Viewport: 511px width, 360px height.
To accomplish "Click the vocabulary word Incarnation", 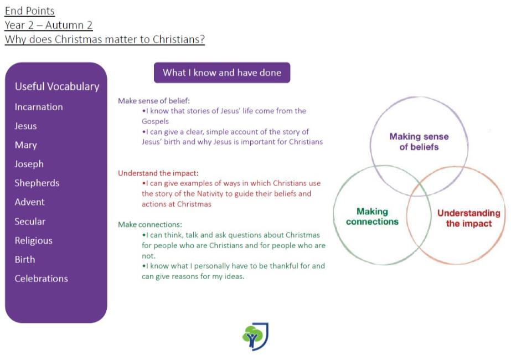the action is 39,107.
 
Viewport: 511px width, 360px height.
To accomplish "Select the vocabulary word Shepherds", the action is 37,183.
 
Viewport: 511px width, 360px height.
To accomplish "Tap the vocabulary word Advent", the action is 30,202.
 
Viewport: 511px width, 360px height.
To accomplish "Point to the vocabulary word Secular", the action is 30,222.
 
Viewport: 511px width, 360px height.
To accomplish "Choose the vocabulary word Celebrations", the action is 42,279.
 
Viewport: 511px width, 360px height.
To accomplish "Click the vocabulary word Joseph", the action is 29,164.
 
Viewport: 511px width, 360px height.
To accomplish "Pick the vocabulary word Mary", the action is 26,145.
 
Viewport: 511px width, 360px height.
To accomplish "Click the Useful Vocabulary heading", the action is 57,86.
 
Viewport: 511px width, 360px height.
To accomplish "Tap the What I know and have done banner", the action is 222,73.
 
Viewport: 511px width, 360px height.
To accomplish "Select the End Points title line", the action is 30,11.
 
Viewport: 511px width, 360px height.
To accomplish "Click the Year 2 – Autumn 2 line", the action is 49,25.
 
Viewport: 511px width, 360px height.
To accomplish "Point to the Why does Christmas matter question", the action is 105,39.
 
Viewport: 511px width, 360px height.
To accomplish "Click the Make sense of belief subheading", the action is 154,101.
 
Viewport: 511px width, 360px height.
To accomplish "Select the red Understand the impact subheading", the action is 158,173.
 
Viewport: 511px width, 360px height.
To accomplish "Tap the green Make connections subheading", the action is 150,225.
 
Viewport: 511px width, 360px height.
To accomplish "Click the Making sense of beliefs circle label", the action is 419,142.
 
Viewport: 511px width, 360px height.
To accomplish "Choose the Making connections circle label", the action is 372,217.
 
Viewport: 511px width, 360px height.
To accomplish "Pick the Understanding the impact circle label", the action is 468,218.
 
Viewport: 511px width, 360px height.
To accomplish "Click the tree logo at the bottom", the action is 255,337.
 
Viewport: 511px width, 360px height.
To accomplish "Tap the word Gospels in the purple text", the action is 155,121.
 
